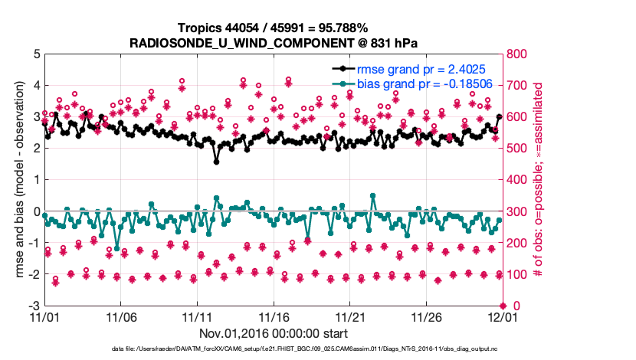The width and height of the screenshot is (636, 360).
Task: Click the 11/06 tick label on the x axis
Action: (120, 316)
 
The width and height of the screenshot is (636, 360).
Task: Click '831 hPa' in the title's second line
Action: (390, 43)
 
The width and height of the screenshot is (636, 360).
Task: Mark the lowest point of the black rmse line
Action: (217, 162)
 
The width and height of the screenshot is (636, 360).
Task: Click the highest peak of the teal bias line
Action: (372, 195)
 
